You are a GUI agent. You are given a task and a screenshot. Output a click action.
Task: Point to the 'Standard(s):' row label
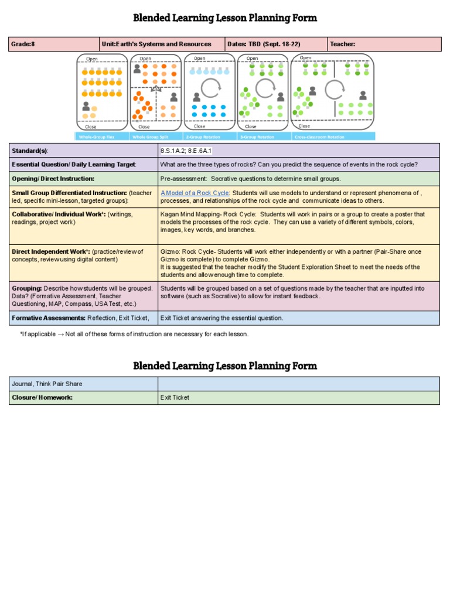pyautogui.click(x=30, y=151)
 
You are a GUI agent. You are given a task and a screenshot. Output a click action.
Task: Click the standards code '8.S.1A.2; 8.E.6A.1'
pyautogui.click(x=186, y=151)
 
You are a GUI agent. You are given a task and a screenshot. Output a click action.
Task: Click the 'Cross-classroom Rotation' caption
pyautogui.click(x=319, y=137)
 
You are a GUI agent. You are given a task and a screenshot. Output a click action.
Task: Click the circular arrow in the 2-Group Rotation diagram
pyautogui.click(x=211, y=88)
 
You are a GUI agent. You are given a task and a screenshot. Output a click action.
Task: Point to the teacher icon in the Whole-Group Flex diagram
pyautogui.click(x=87, y=107)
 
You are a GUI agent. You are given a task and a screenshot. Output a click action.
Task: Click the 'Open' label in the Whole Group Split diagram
pyautogui.click(x=145, y=59)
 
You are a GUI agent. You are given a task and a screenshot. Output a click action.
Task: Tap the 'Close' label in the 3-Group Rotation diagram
pyautogui.click(x=251, y=127)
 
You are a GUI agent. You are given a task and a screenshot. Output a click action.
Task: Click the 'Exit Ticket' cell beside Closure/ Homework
pyautogui.click(x=175, y=397)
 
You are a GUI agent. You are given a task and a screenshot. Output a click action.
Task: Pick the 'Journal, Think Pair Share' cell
pyautogui.click(x=47, y=384)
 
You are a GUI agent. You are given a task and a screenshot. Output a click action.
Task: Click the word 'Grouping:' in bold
pyautogui.click(x=27, y=288)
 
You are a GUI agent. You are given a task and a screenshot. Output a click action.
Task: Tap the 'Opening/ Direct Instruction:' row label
pyautogui.click(x=53, y=179)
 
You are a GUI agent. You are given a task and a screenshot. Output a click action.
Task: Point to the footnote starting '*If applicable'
pyautogui.click(x=134, y=334)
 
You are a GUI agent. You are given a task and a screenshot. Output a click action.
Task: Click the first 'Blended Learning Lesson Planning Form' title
pyautogui.click(x=225, y=18)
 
